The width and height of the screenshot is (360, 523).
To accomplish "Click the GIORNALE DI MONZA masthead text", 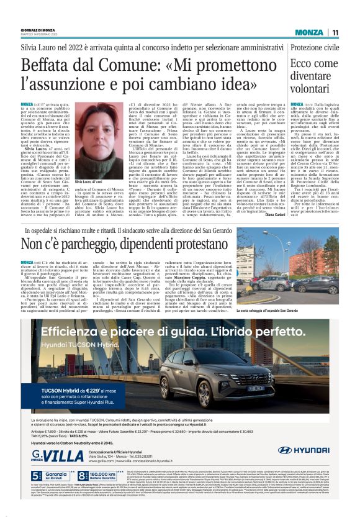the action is pyautogui.click(x=38, y=30).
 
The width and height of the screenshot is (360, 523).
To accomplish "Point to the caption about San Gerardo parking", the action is pyautogui.click(x=288, y=309).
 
